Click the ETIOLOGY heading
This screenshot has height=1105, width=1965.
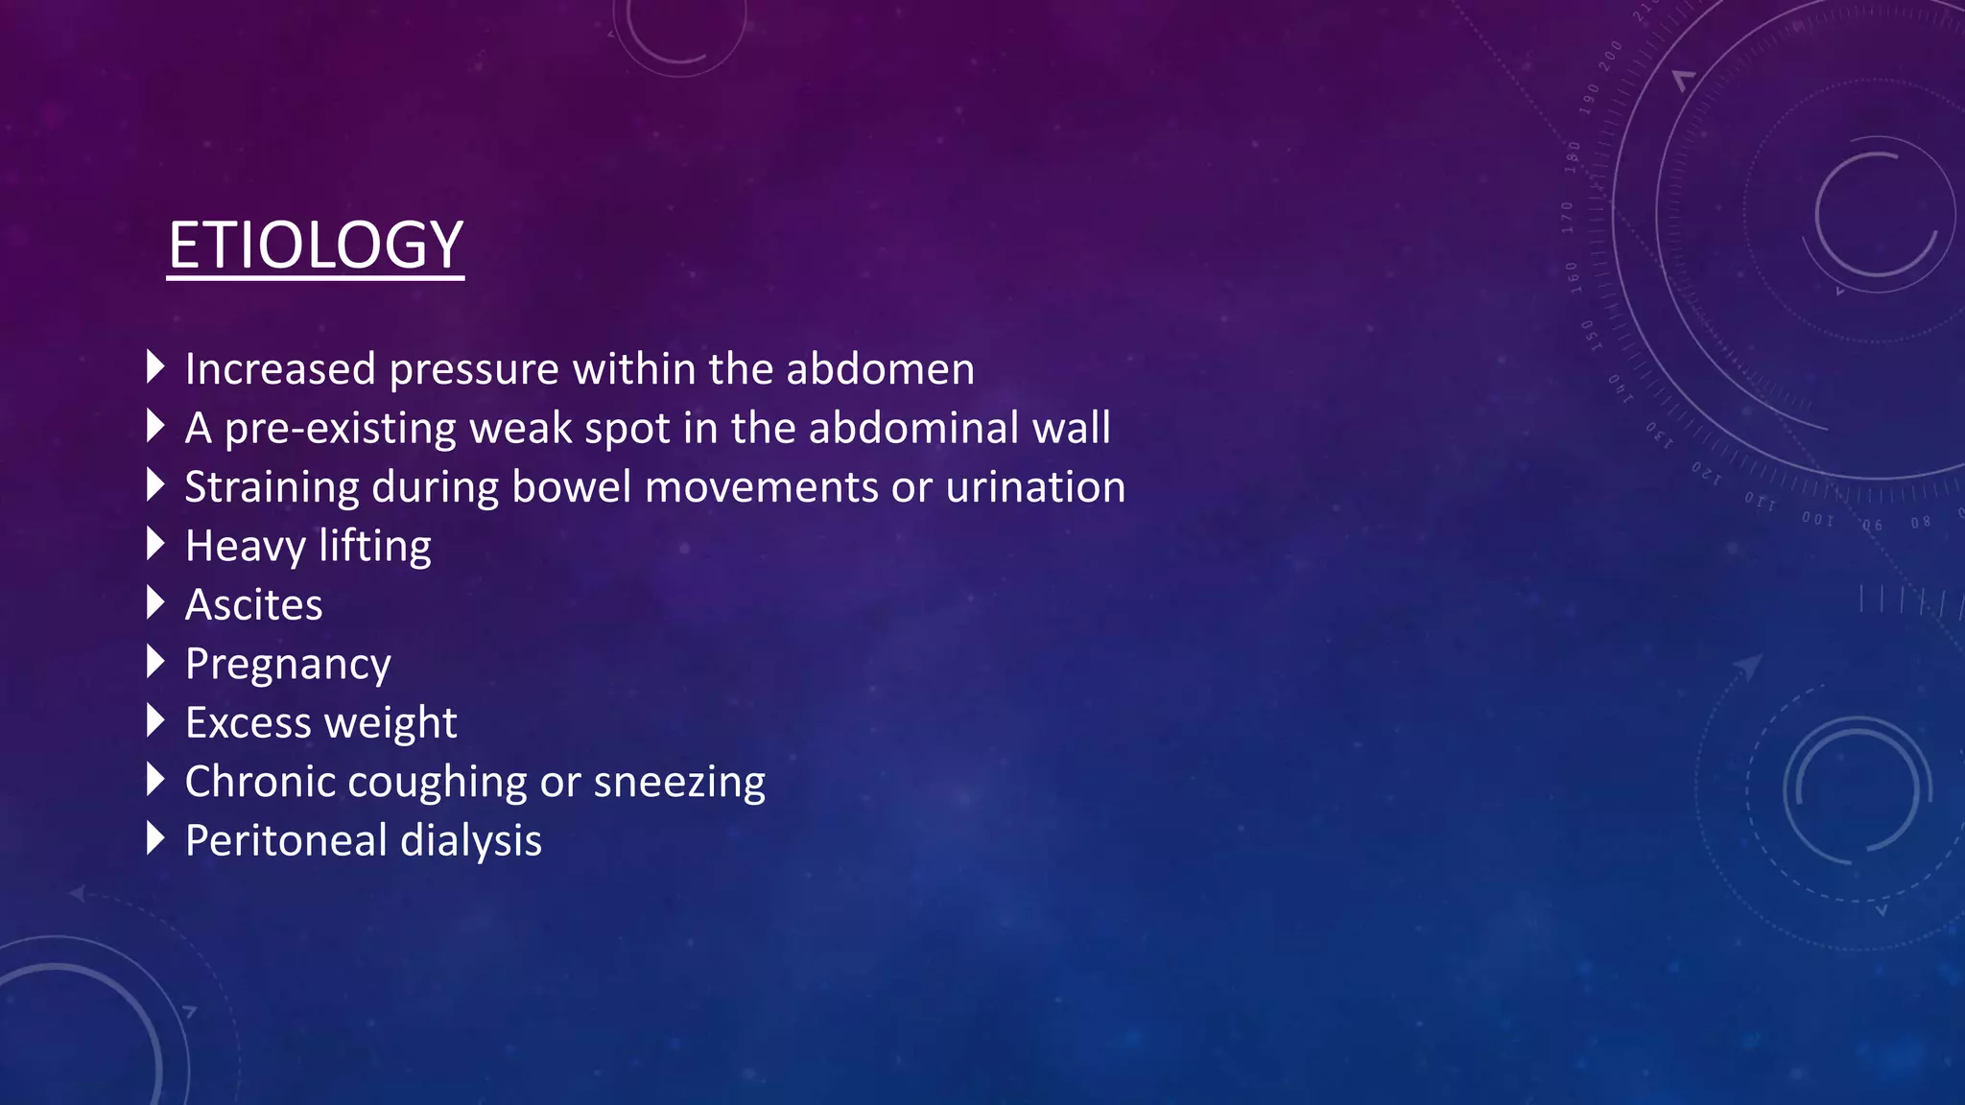tap(316, 246)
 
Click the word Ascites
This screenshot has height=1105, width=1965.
tap(254, 605)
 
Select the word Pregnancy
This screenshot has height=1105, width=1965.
tap(288, 665)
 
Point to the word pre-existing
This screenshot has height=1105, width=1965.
tap(340, 429)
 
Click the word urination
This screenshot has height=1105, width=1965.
tap(1035, 487)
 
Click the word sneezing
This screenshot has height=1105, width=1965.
tap(679, 783)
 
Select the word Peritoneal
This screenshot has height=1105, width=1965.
tap(286, 841)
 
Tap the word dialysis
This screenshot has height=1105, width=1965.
tap(471, 841)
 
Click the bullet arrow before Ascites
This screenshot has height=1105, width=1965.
tap(155, 602)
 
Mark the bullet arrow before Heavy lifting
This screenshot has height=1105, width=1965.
tap(155, 544)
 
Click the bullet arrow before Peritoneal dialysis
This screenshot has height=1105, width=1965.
tap(155, 838)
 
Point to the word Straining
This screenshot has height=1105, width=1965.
tap(272, 488)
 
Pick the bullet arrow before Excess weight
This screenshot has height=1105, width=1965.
tap(155, 720)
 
